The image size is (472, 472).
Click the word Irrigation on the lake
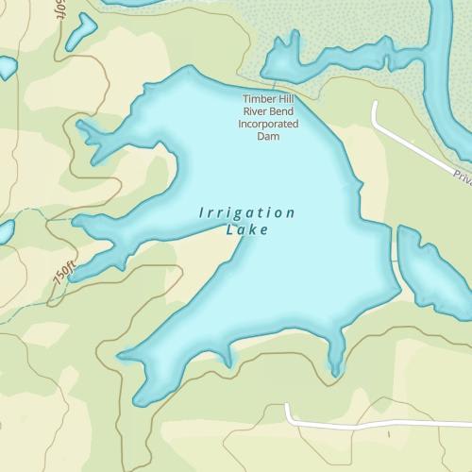(x=247, y=212)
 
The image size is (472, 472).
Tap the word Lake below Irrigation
(x=248, y=229)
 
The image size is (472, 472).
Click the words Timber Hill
(x=270, y=99)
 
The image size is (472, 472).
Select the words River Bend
(x=270, y=111)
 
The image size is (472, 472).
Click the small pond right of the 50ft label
(x=81, y=27)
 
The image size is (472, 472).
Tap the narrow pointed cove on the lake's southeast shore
(x=335, y=363)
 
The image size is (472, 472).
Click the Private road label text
(x=462, y=177)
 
